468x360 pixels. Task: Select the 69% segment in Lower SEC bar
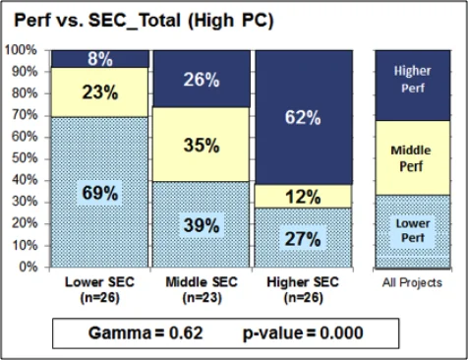pos(99,192)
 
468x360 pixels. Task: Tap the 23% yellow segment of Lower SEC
pos(99,92)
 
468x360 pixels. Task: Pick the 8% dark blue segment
pos(99,58)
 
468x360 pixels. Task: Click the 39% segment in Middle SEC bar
pos(201,224)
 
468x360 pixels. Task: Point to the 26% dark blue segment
pos(201,79)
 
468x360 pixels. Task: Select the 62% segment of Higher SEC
pos(302,117)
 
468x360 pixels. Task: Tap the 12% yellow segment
pos(302,197)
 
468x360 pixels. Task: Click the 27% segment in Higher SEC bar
pos(302,237)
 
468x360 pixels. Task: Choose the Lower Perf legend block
pos(412,230)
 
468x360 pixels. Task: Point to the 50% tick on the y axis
pos(23,158)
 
